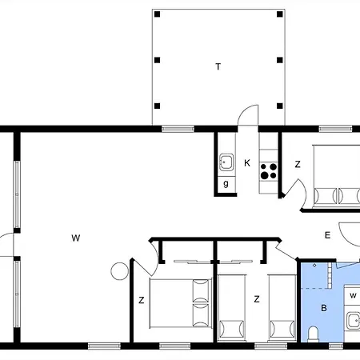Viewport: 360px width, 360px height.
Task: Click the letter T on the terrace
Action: click(218, 66)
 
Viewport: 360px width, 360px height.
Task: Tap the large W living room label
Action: click(76, 238)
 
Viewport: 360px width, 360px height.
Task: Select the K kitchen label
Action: click(247, 163)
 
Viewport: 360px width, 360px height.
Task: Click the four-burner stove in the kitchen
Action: click(269, 171)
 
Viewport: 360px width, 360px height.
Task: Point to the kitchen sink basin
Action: click(226, 162)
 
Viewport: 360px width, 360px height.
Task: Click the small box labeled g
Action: click(226, 184)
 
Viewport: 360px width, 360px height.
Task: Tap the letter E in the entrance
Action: click(327, 235)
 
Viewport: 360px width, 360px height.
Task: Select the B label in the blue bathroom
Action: click(324, 308)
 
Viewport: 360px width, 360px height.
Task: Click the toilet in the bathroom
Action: click(313, 334)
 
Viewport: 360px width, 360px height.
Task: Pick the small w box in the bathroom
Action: click(352, 295)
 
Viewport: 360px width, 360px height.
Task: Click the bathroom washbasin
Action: click(354, 321)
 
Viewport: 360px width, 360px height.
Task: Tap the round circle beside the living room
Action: click(119, 271)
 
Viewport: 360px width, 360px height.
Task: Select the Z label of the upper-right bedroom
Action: click(298, 164)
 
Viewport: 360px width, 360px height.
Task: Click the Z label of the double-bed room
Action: click(142, 300)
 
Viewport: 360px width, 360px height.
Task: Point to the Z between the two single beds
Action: click(257, 299)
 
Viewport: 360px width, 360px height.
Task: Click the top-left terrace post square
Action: click(158, 14)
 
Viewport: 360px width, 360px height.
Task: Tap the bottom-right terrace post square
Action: click(280, 106)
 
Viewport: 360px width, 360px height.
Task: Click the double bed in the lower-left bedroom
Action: click(181, 303)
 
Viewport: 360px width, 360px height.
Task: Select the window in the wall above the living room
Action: click(178, 129)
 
